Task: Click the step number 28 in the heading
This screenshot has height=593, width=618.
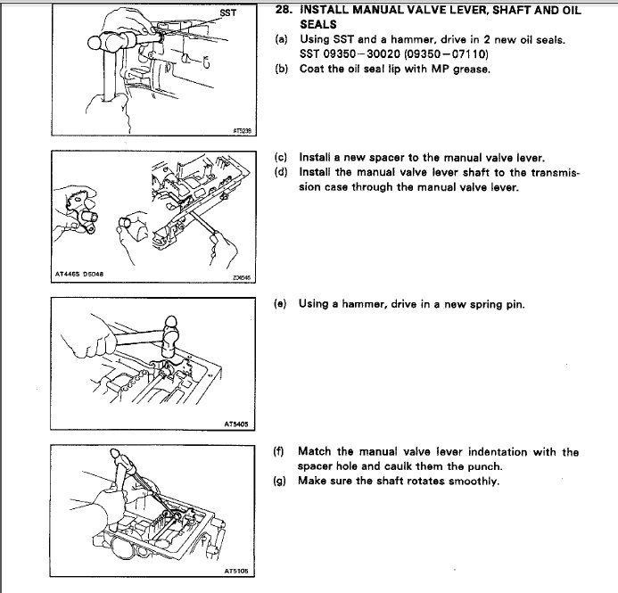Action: click(x=283, y=11)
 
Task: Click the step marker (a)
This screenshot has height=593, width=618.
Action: click(x=282, y=40)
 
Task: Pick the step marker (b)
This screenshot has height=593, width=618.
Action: click(x=282, y=70)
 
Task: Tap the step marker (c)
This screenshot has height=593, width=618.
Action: click(x=282, y=156)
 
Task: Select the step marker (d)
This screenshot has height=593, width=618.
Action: click(x=282, y=171)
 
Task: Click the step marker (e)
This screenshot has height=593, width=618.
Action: click(x=282, y=304)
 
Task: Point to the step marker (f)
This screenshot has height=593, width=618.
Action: click(x=282, y=452)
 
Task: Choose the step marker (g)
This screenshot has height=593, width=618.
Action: click(x=282, y=482)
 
